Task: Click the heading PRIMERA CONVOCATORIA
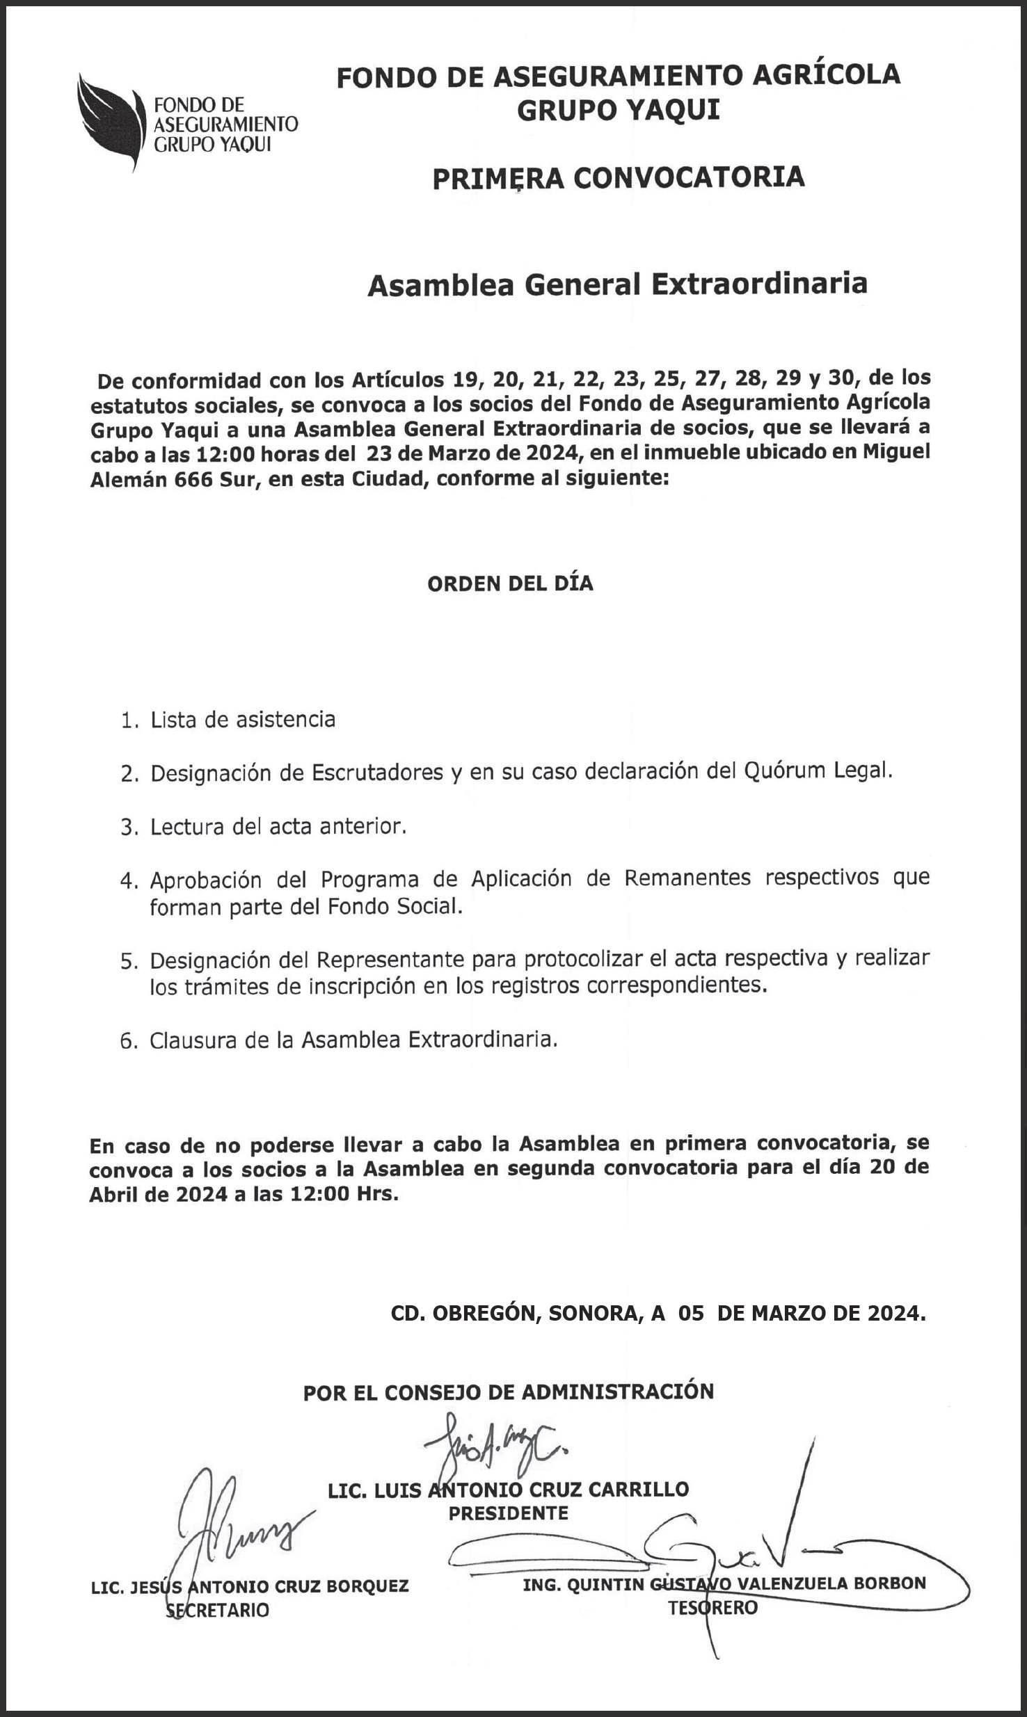[x=618, y=178]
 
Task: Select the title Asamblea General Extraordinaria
[x=617, y=284]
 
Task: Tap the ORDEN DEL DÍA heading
[x=510, y=583]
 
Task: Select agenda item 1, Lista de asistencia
[x=242, y=720]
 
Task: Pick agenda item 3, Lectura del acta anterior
[x=278, y=826]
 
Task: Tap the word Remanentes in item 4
[x=687, y=878]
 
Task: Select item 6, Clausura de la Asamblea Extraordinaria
[x=353, y=1040]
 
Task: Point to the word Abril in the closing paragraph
[x=113, y=1194]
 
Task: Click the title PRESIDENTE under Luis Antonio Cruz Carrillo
[x=509, y=1513]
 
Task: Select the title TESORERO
[x=712, y=1608]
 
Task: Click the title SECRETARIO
[x=217, y=1611]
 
